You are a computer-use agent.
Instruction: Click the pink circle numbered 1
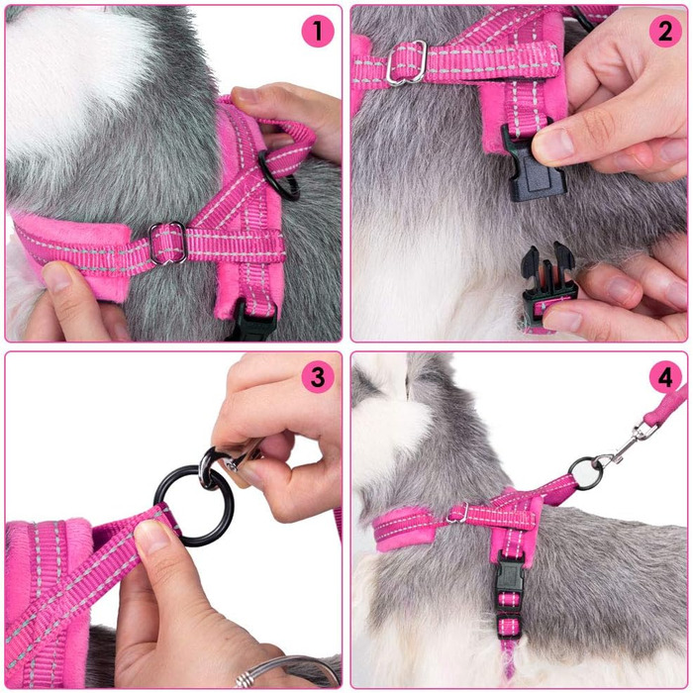point(318,31)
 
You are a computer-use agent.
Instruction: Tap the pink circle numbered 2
point(664,31)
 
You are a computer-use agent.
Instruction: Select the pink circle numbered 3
point(318,377)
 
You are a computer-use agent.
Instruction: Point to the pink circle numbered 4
point(664,377)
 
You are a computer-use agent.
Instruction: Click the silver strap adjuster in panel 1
point(168,243)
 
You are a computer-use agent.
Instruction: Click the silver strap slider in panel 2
point(406,62)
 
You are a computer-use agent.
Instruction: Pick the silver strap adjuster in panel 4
point(457,513)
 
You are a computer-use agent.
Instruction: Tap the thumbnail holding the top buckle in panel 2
point(548,147)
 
